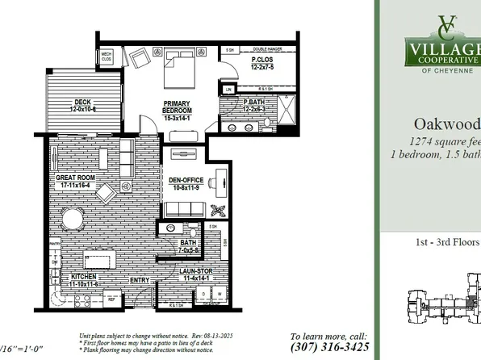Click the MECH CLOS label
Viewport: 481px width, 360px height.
coord(106,59)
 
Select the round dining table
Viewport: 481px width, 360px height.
coord(73,219)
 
